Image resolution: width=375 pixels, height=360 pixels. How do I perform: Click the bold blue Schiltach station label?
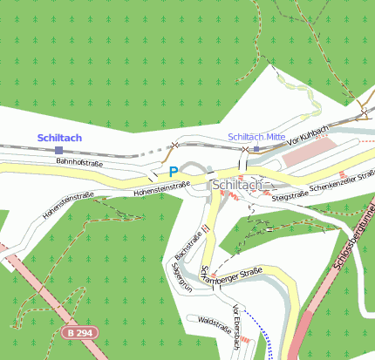[59, 138]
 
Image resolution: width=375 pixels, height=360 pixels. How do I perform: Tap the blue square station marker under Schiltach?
[58, 151]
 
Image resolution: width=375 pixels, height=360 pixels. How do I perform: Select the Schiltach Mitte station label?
[256, 138]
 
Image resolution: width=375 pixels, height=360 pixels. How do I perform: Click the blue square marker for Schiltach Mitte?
[256, 149]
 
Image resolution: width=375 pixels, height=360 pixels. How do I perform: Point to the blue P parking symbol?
[174, 172]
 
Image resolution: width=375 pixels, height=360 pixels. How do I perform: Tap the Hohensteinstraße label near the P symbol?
[161, 187]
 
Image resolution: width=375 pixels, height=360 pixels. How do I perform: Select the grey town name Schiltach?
[237, 185]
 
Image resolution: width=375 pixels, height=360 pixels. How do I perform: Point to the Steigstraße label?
[291, 198]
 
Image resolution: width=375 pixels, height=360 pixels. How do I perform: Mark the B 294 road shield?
[79, 333]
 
